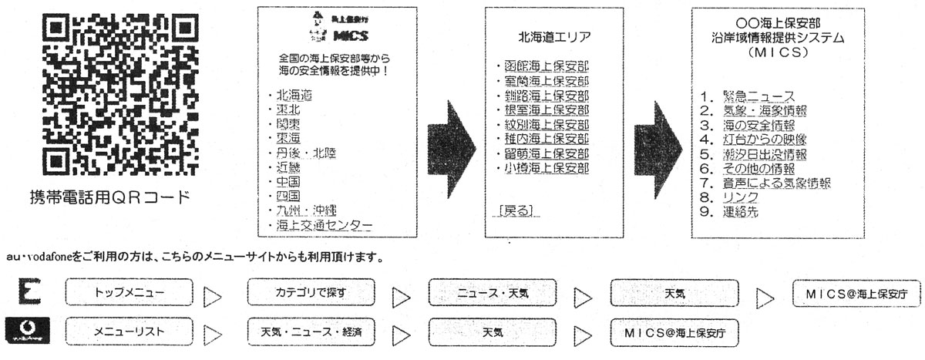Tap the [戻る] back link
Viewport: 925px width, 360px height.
516,210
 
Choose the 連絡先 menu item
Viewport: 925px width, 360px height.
740,211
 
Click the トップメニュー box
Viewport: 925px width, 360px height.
129,293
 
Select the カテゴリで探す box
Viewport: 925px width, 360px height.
311,293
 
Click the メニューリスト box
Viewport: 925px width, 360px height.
129,333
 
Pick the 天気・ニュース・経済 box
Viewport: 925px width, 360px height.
311,333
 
